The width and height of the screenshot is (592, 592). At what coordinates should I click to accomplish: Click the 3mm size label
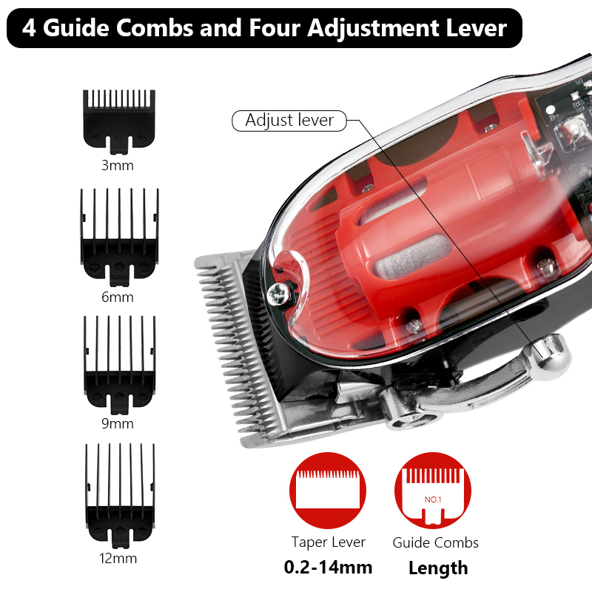[118, 165]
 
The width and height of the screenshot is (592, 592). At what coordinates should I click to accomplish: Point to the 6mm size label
[118, 297]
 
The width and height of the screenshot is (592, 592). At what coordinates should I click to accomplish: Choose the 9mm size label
[118, 424]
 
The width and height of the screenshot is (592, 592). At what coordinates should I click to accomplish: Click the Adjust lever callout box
[289, 121]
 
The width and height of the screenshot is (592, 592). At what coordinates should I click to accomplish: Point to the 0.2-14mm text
[328, 568]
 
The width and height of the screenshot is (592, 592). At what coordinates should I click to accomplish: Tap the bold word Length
[438, 568]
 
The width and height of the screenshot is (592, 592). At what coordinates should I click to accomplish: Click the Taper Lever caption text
[328, 542]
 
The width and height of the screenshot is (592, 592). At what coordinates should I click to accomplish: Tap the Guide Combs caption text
[435, 542]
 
